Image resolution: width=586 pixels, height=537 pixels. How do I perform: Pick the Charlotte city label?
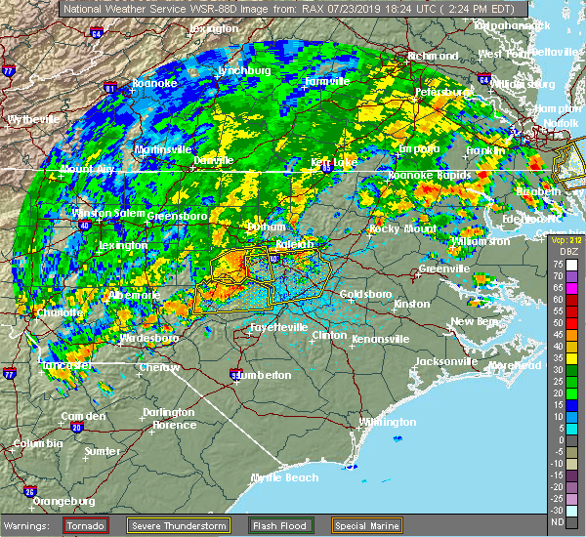coord(57,312)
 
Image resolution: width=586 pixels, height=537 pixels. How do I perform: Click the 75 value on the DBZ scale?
coord(557,264)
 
